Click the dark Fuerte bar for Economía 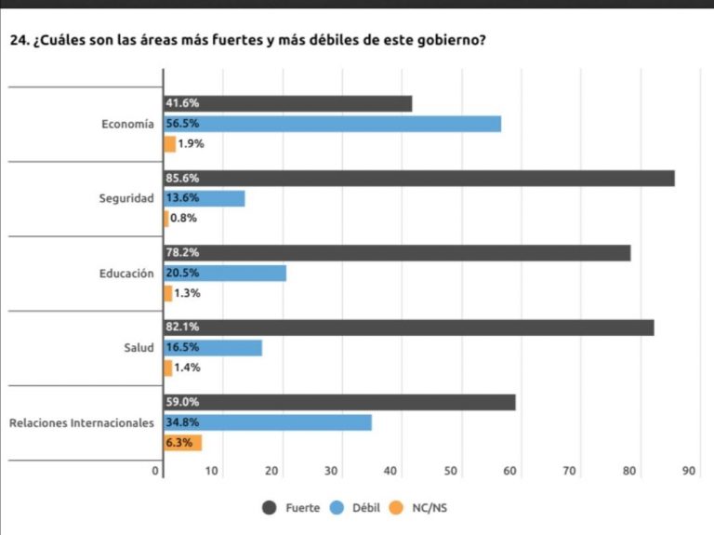(288, 103)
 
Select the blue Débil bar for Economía (332, 124)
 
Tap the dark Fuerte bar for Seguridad (419, 178)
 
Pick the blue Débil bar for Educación (225, 273)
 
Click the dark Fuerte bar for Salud (409, 328)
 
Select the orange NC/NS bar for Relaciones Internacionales (183, 443)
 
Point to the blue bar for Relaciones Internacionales (268, 422)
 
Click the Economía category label (128, 124)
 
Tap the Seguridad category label (126, 198)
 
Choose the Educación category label (126, 274)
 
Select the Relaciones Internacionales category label (82, 423)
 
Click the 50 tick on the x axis (451, 472)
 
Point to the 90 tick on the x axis (689, 472)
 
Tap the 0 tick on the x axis (156, 472)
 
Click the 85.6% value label (182, 178)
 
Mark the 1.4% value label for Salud (188, 368)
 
